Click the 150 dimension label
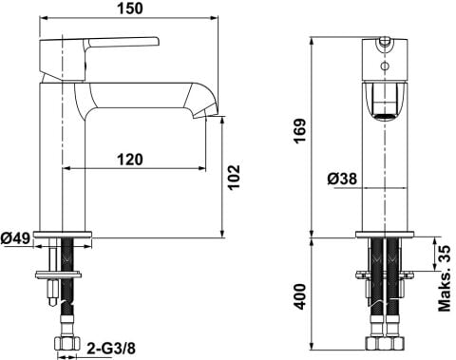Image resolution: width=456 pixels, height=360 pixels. coord(130,9)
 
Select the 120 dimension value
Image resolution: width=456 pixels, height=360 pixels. coord(130,160)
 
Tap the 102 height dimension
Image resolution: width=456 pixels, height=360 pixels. coord(235,177)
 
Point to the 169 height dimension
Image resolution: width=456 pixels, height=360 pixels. coord(299,131)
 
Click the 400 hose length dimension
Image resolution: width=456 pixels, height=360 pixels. coord(299,297)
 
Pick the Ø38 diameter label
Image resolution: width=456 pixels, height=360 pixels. coord(342,180)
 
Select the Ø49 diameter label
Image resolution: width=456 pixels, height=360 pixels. coord(15,238)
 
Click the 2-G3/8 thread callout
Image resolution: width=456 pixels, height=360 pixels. coord(111,349)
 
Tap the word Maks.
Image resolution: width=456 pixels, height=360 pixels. coord(444,293)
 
